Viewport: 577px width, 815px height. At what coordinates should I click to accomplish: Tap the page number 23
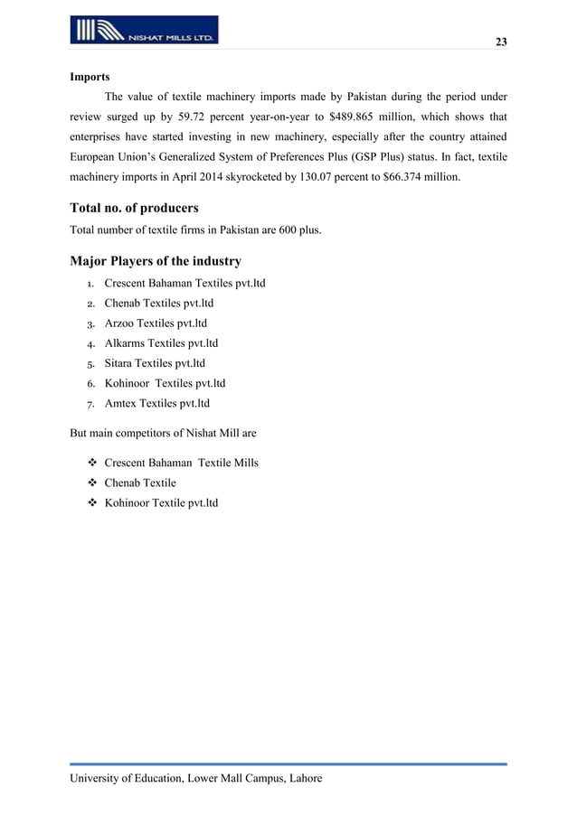tap(501, 42)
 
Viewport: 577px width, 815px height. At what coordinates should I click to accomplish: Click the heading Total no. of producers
tap(134, 209)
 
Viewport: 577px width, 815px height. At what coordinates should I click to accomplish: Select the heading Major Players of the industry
tap(156, 262)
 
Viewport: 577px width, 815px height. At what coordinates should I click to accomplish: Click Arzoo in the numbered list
tap(119, 323)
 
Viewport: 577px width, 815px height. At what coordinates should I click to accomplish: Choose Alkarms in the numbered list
tap(124, 343)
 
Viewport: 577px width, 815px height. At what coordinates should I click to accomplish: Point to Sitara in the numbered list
tap(119, 363)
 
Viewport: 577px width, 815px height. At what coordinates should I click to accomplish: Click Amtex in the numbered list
tap(119, 404)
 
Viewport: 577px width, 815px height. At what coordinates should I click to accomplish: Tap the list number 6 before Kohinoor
tap(91, 384)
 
